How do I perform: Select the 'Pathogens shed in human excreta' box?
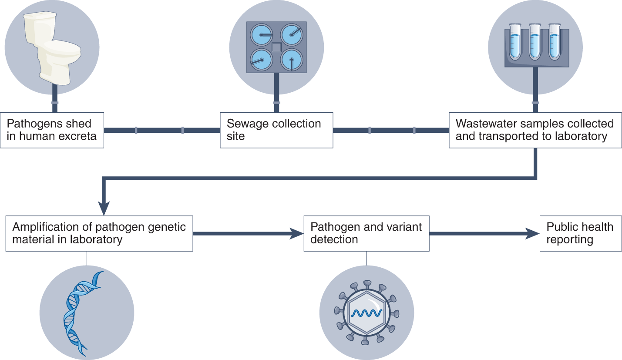click(52, 130)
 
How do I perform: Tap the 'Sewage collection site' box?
click(276, 130)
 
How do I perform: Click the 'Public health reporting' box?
click(580, 233)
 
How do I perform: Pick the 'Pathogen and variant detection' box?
click(366, 233)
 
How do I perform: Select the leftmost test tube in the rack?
click(515, 42)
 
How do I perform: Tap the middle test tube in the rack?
click(535, 42)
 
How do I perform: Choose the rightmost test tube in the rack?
click(555, 42)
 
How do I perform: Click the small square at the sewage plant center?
click(276, 47)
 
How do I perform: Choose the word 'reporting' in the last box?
click(570, 240)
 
